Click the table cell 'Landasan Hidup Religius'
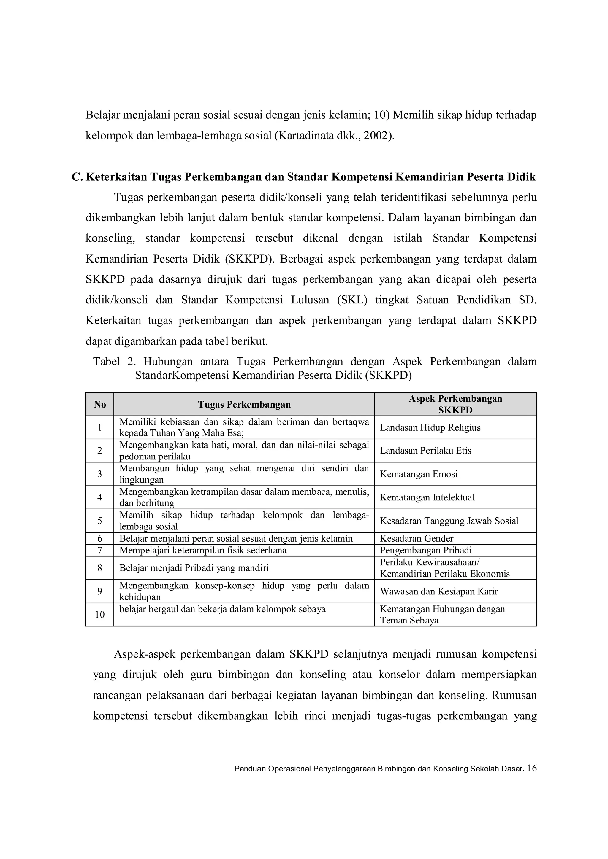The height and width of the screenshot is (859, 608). [x=430, y=428]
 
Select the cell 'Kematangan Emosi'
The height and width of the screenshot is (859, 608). [x=419, y=474]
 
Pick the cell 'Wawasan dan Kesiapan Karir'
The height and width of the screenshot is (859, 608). [x=439, y=591]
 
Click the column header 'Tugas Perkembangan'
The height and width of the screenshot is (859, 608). [x=244, y=404]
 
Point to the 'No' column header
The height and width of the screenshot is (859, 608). [x=99, y=404]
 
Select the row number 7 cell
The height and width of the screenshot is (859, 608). [x=99, y=550]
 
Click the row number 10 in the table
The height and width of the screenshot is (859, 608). [x=99, y=614]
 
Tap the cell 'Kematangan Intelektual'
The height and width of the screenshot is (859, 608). [x=427, y=497]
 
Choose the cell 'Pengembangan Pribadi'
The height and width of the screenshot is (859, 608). [x=426, y=550]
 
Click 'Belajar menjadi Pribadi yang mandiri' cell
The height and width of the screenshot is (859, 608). [x=194, y=568]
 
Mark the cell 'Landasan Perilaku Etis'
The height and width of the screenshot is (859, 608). [x=425, y=451]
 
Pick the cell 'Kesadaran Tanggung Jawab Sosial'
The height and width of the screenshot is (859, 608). [x=449, y=521]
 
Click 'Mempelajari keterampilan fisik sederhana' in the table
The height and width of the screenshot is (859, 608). [x=203, y=550]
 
